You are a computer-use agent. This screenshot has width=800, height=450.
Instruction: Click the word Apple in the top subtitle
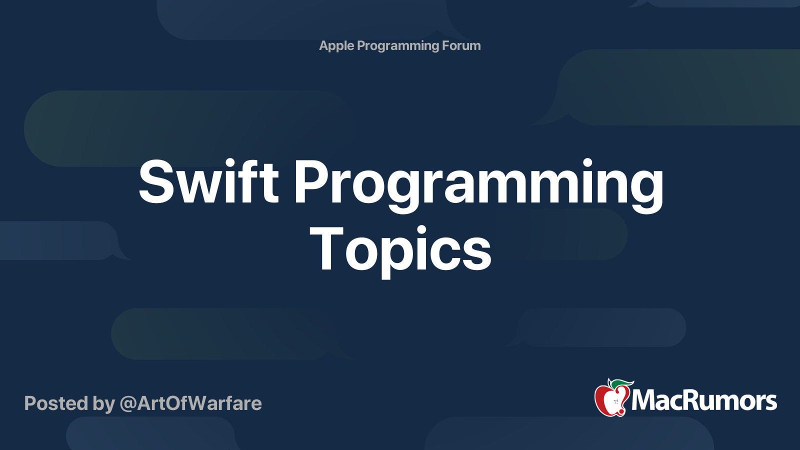336,46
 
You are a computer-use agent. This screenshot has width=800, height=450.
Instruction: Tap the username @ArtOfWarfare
190,403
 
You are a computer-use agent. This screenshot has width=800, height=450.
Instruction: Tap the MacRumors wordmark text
704,400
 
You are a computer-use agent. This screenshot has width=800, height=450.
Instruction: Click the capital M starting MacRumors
644,400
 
